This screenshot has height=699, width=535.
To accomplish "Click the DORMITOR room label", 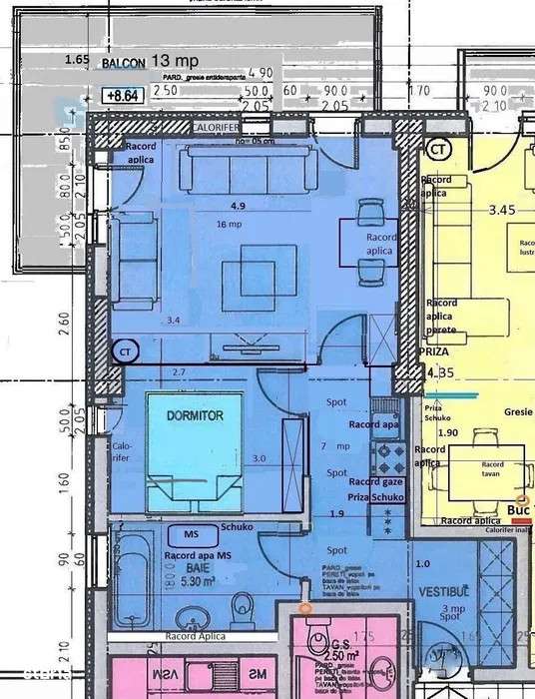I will click(x=189, y=412).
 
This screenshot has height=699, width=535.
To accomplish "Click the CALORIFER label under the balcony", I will click(x=215, y=128).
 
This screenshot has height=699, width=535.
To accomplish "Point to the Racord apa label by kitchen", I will click(x=376, y=424).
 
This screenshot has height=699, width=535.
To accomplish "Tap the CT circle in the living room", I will click(x=125, y=351).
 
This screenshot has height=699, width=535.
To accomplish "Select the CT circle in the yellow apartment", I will click(x=436, y=148).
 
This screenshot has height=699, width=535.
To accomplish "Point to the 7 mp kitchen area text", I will click(x=335, y=445).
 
